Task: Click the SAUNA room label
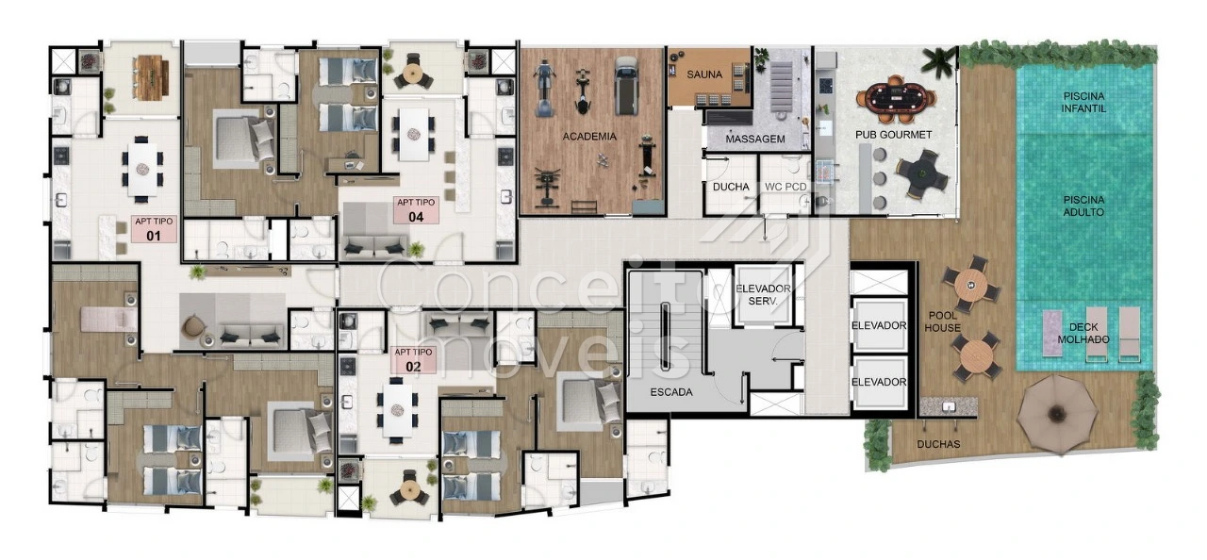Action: point(704,74)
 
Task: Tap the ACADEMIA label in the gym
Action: point(589,137)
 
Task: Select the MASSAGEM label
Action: point(755,139)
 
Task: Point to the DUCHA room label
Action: point(731,187)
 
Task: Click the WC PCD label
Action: point(785,187)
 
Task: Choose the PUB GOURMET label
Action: point(893,135)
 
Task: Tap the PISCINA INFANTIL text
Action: point(1083,103)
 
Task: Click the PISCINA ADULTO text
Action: point(1083,206)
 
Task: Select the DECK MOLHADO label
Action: point(1083,334)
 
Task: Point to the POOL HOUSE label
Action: point(942,321)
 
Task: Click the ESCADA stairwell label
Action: point(671,392)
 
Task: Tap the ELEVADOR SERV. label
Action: point(763,295)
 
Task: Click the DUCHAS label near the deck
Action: point(938,444)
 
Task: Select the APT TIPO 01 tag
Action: point(154,229)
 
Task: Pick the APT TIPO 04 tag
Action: point(416,210)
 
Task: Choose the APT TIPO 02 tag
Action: point(413,360)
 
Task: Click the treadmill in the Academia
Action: point(626,86)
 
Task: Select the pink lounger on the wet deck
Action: point(1051,333)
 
